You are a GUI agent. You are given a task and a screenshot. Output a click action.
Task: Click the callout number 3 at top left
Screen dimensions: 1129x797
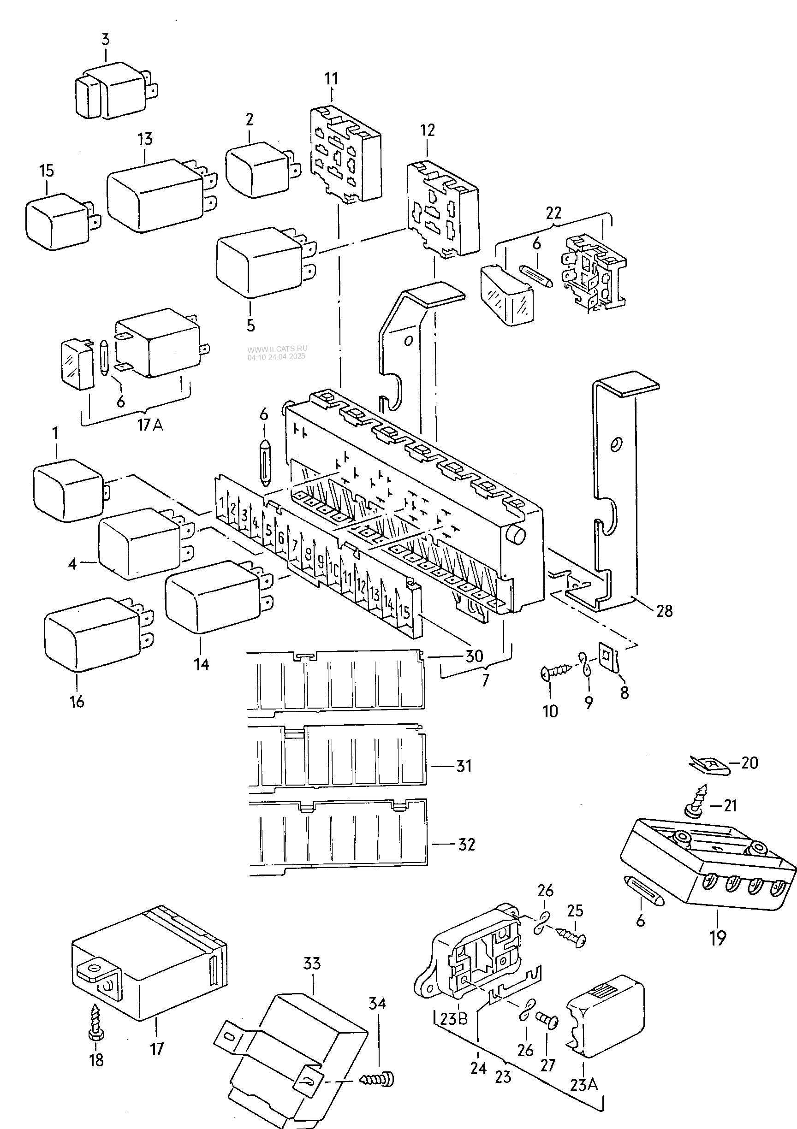106,40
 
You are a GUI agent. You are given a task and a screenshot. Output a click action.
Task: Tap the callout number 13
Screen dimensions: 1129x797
145,139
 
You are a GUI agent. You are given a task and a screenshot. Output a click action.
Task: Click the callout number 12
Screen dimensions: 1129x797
428,131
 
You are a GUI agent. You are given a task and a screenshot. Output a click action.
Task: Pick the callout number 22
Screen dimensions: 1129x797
553,213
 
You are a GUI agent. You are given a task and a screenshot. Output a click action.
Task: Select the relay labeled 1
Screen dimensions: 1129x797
66,489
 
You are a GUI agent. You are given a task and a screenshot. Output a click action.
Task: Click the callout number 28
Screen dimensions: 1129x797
664,611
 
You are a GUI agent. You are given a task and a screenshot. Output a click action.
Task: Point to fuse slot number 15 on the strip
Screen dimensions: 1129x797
404,612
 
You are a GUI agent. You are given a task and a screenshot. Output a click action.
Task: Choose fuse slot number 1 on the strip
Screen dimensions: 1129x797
222,503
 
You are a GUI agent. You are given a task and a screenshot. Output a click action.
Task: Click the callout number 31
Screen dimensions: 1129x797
464,766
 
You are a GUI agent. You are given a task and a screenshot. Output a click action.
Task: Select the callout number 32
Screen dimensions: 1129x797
466,844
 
